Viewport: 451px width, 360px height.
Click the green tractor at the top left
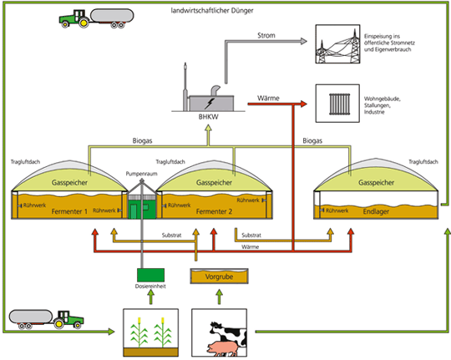tap(73, 19)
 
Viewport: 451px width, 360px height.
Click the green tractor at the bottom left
tap(69, 317)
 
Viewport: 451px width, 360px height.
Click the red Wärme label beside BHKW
tap(268, 98)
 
